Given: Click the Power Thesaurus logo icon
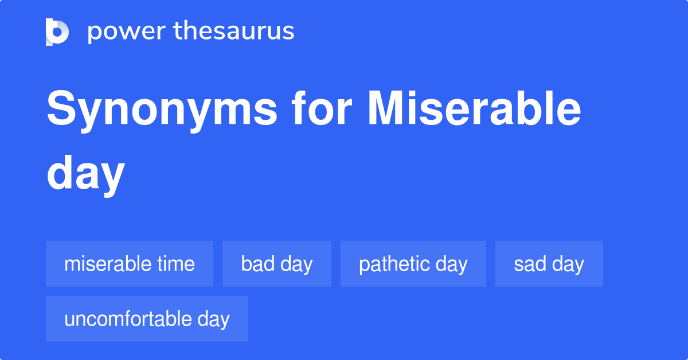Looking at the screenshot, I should point(57,32).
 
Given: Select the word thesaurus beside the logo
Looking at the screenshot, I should point(234,32).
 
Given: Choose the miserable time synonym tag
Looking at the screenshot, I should point(130,264).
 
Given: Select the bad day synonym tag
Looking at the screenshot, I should point(277,264).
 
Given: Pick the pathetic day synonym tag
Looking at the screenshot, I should point(413,264).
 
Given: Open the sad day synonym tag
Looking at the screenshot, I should point(549,264).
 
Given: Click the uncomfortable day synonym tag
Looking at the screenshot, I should point(147,319).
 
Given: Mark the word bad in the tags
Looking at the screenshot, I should point(257,264).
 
